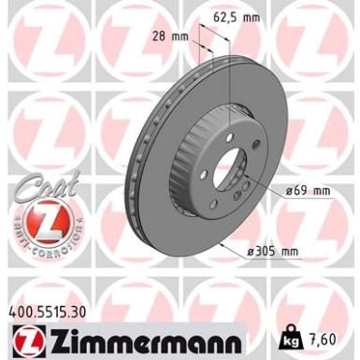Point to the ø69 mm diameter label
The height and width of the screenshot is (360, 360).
coord(308,191)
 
